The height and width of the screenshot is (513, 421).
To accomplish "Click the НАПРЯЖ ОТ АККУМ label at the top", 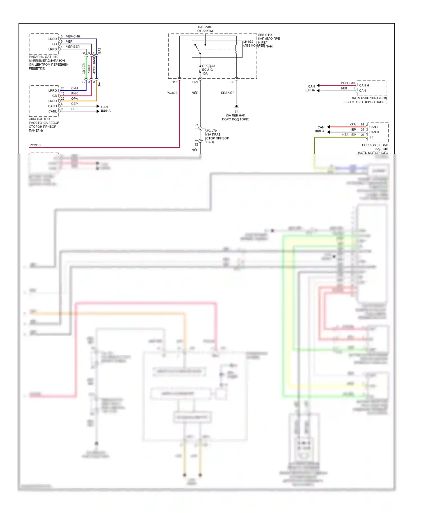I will pos(205,29).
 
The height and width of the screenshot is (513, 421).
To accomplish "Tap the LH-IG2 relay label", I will pos(248,42).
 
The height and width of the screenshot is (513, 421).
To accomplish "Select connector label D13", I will pos(174,82).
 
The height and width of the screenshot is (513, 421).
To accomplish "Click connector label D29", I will pos(195,82).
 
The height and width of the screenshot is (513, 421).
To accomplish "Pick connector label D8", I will pos(232,82).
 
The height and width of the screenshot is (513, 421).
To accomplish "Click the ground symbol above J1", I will pos(236,107).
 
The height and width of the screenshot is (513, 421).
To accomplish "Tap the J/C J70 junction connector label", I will pos(211,131).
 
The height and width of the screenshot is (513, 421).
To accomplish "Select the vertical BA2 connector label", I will pos(99,51).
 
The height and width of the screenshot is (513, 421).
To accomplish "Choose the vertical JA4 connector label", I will pos(99,84).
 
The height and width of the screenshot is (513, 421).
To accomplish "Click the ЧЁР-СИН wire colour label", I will pos(73,36).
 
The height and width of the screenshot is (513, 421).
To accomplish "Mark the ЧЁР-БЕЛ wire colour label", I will pos(73,47).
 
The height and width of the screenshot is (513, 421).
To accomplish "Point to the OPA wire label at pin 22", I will pos(74,99).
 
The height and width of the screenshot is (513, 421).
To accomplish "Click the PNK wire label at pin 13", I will pos(74,93).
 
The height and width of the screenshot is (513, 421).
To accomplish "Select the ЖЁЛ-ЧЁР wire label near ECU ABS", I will pos(349,135).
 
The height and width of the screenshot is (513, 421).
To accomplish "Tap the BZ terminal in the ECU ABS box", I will pos(371,137).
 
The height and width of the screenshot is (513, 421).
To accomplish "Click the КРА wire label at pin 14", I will pos(353,124).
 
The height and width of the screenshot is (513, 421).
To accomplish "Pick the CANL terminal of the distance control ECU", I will pos(52,111).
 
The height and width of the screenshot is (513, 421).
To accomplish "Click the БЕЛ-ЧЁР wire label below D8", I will pos(228,93).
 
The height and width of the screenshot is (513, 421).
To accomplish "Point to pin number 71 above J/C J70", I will pos(196,125).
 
